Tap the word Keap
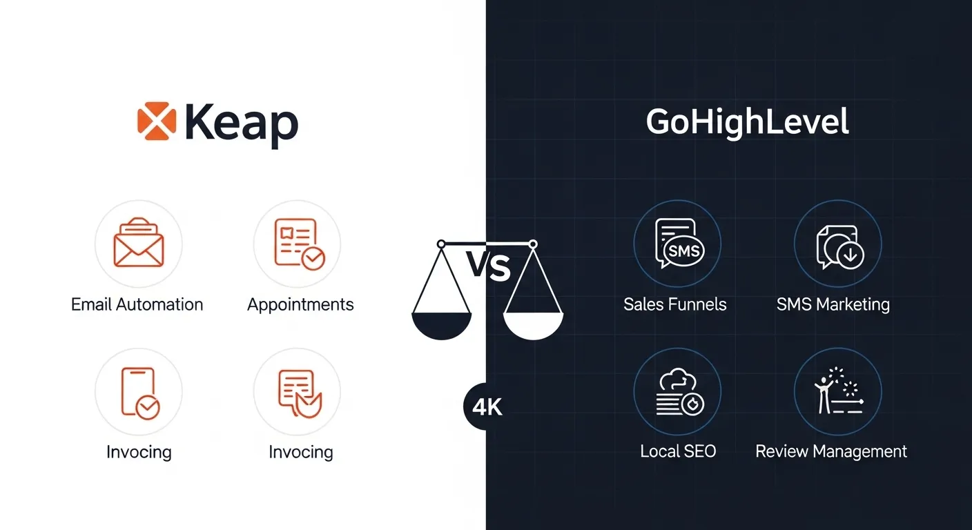[241, 124]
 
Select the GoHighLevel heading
[747, 122]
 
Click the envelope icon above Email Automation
[139, 244]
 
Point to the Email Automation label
[137, 304]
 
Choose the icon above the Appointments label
[298, 244]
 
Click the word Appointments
[300, 304]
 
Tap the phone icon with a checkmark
[139, 392]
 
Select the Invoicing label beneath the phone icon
[139, 452]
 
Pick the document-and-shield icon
[298, 392]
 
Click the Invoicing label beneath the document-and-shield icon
[300, 452]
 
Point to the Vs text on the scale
[487, 268]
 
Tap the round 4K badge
[487, 407]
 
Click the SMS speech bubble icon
[677, 244]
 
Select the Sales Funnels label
[675, 304]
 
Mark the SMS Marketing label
[833, 304]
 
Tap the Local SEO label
[678, 452]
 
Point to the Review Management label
[831, 452]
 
